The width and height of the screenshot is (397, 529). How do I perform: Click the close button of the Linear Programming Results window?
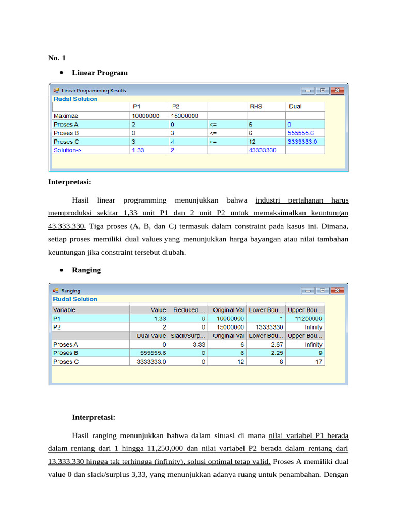point(338,90)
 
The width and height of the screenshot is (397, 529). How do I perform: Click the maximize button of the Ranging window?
point(323,291)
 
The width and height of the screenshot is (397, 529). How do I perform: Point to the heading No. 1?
point(57,57)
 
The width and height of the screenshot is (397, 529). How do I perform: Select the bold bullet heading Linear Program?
point(100,73)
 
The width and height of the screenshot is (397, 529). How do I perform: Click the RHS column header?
point(255,107)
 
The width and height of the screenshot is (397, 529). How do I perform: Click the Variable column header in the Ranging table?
point(65,310)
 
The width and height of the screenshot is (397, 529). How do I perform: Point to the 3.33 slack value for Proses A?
point(199,345)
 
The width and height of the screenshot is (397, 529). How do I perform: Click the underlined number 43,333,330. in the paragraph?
point(67,226)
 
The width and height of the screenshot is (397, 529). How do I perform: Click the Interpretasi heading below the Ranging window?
point(94,417)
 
